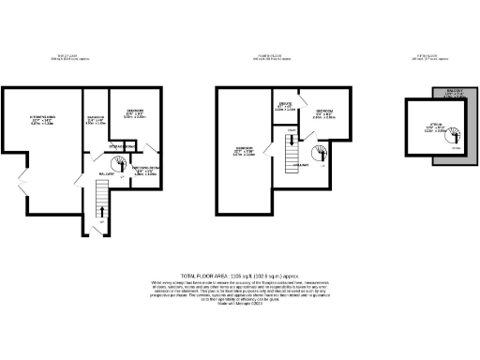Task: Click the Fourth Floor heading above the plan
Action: point(276,56)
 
